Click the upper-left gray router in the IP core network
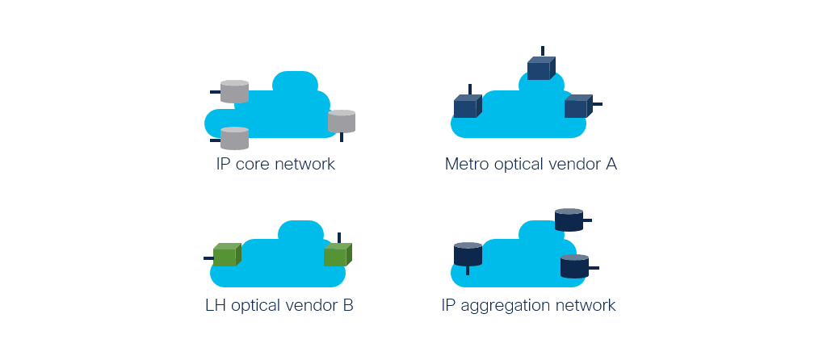[234, 92]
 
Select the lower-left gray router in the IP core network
[234, 139]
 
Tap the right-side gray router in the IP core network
[342, 121]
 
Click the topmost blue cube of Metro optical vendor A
[541, 69]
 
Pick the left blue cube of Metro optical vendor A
[468, 106]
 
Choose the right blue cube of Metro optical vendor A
[578, 106]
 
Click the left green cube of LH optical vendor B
[227, 254]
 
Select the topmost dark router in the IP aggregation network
[569, 220]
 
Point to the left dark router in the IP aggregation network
[468, 254]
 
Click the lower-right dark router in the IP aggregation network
[574, 266]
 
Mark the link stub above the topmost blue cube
[543, 51]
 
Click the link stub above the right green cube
[339, 238]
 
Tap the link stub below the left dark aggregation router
[468, 270]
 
